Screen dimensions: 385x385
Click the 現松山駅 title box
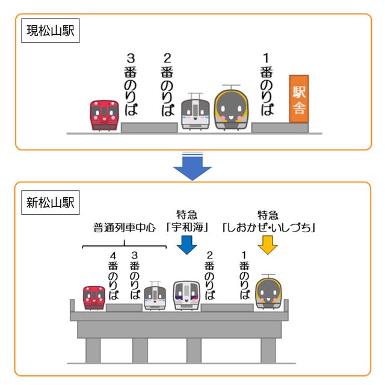click(x=51, y=31)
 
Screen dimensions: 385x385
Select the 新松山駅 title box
click(x=51, y=203)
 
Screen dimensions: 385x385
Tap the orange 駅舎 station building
click(x=299, y=100)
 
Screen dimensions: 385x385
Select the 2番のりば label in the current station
click(x=168, y=85)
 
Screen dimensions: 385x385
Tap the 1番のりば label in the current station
click(x=266, y=85)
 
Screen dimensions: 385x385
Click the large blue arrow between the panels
click(x=192, y=166)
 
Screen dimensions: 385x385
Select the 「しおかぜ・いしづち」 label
click(x=269, y=228)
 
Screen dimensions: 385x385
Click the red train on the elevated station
click(x=93, y=297)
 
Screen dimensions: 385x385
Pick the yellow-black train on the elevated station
click(x=268, y=292)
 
